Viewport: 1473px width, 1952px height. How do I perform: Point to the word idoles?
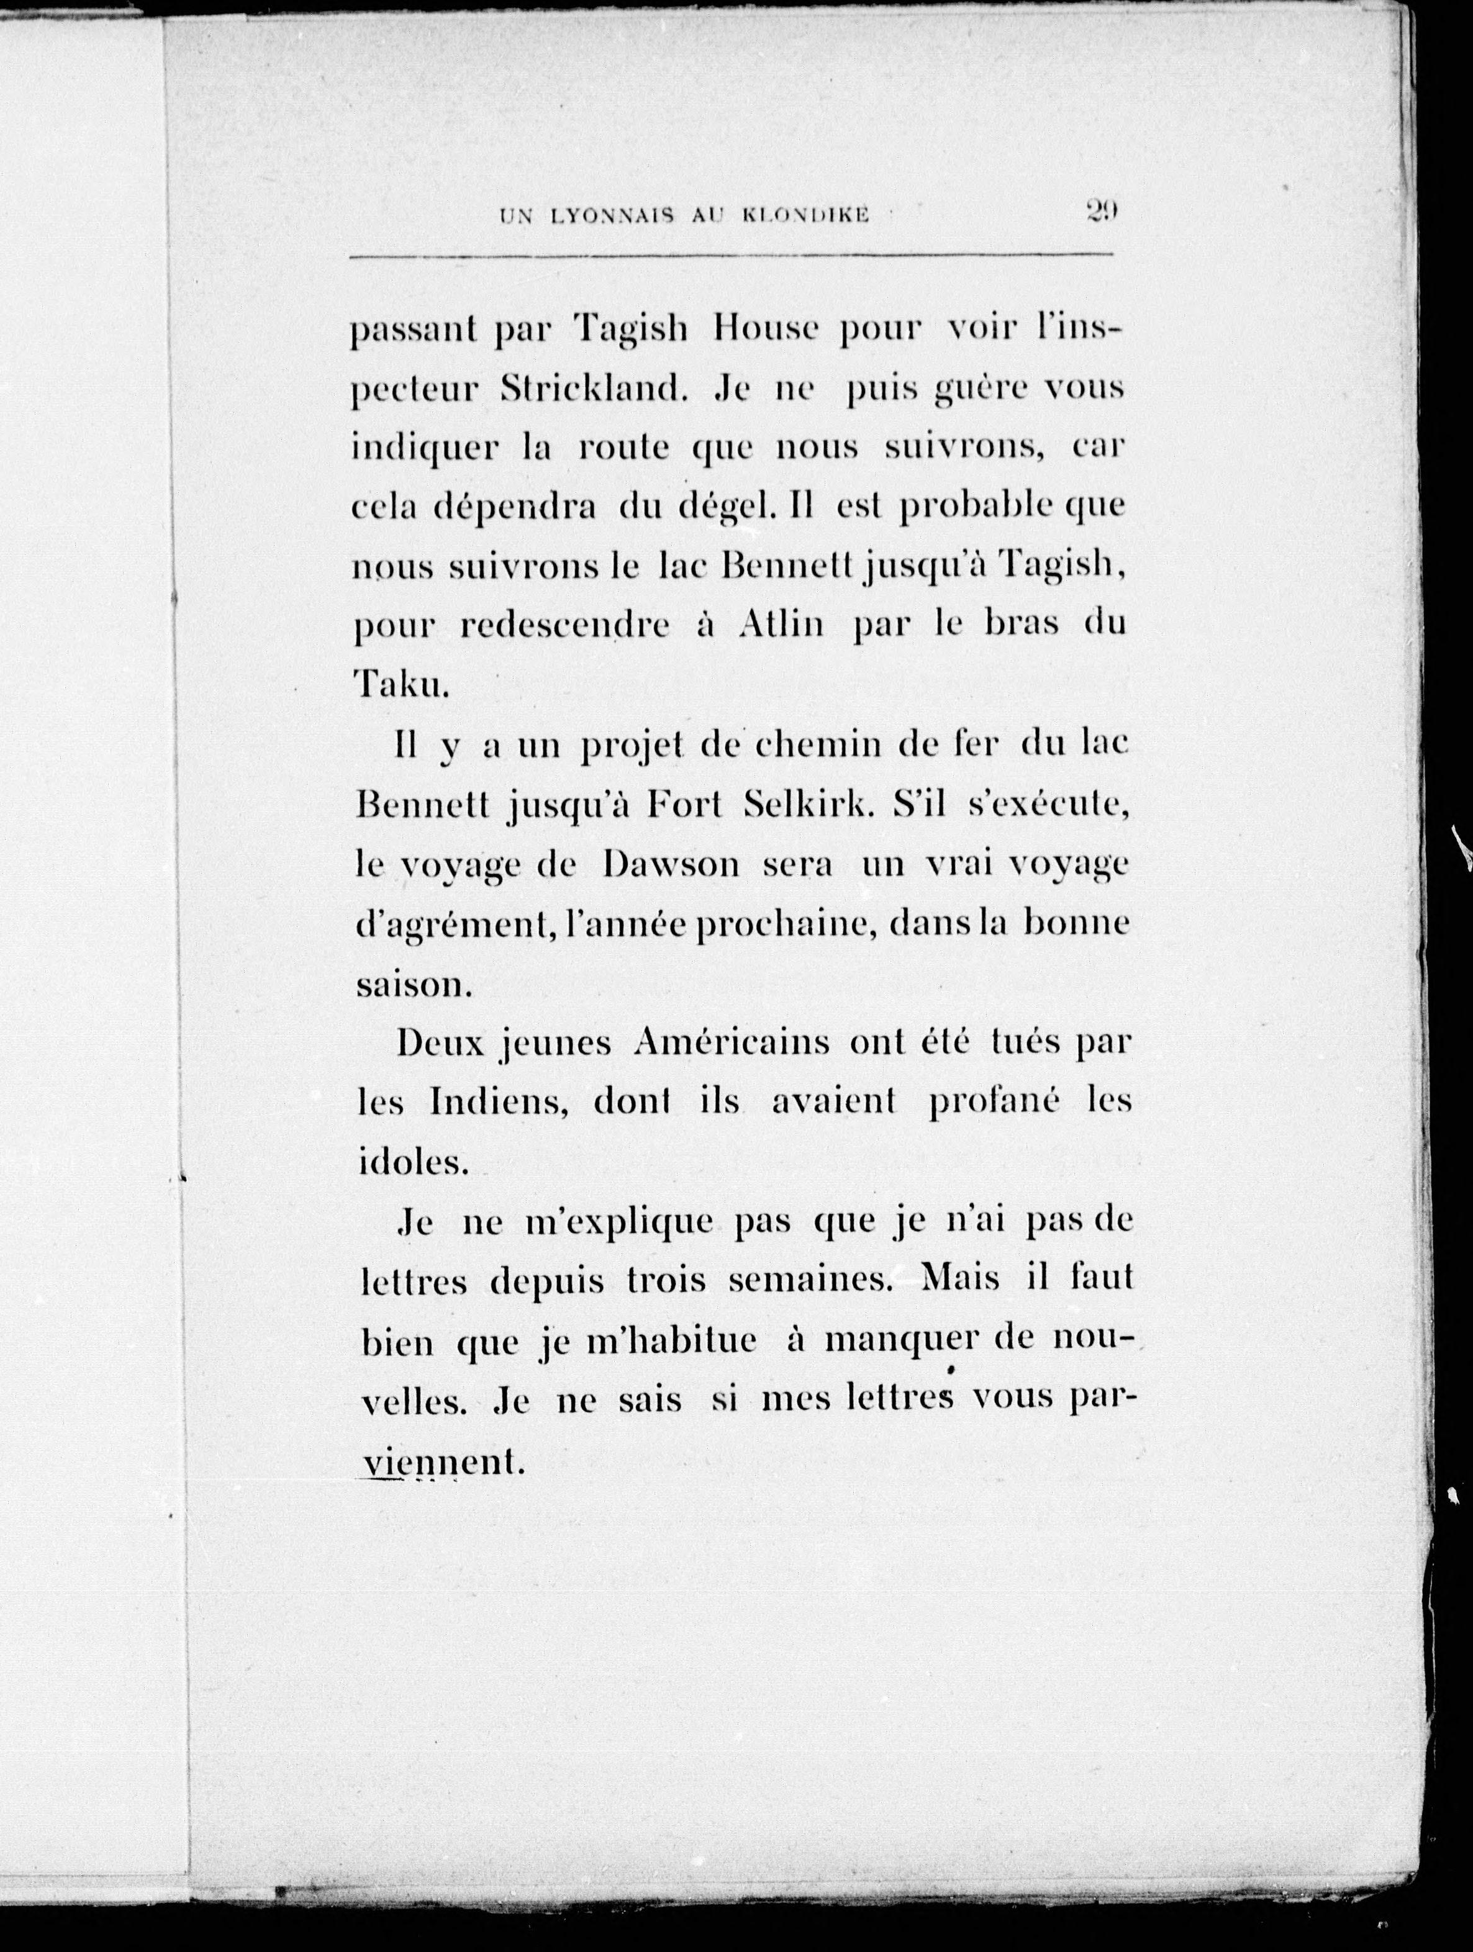411,1162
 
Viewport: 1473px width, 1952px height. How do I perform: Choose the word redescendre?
566,626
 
